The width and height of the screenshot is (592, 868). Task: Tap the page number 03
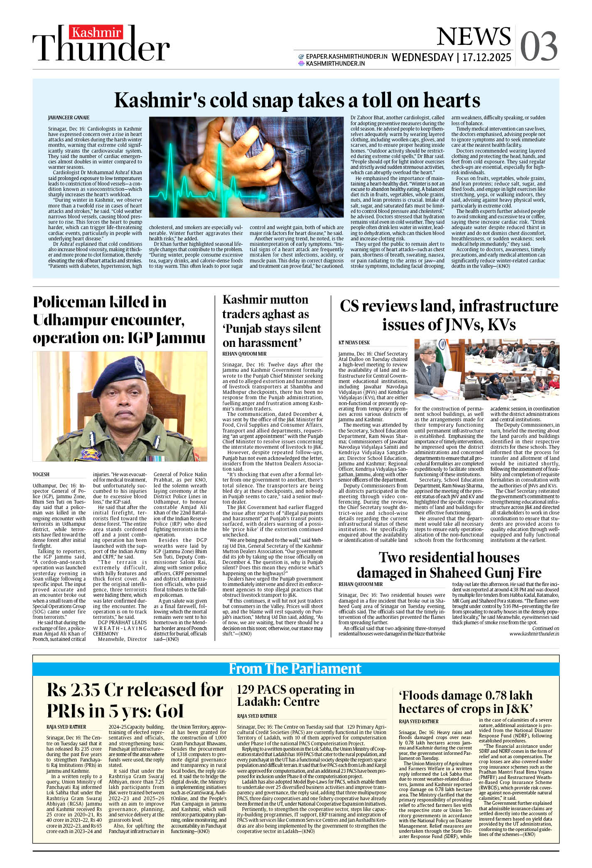click(x=538, y=46)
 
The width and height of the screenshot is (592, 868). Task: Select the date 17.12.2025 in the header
click(x=486, y=57)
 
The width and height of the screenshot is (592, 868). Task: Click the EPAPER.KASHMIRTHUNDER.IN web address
click(x=346, y=56)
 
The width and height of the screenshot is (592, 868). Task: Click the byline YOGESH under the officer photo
click(x=41, y=474)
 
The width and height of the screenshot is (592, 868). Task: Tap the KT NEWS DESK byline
click(x=354, y=343)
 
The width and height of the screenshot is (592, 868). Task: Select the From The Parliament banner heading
click(x=295, y=668)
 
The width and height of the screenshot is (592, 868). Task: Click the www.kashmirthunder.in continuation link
click(x=534, y=634)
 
